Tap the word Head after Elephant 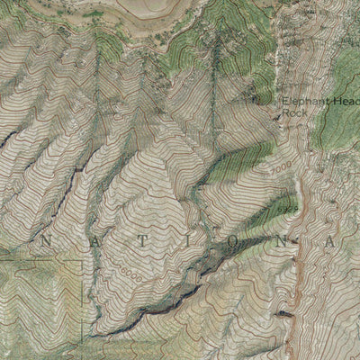(x=347, y=103)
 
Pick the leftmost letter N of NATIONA (x=49, y=243)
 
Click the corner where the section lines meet (x=85, y=262)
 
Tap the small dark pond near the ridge (x=284, y=314)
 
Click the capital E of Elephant (x=284, y=103)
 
